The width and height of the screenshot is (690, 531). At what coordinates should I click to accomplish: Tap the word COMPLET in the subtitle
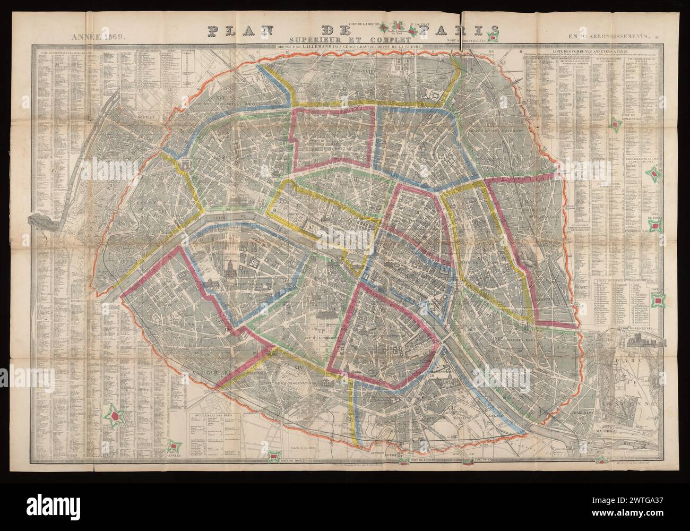coord(387,39)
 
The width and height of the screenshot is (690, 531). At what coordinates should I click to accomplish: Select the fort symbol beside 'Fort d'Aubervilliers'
coord(495,38)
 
